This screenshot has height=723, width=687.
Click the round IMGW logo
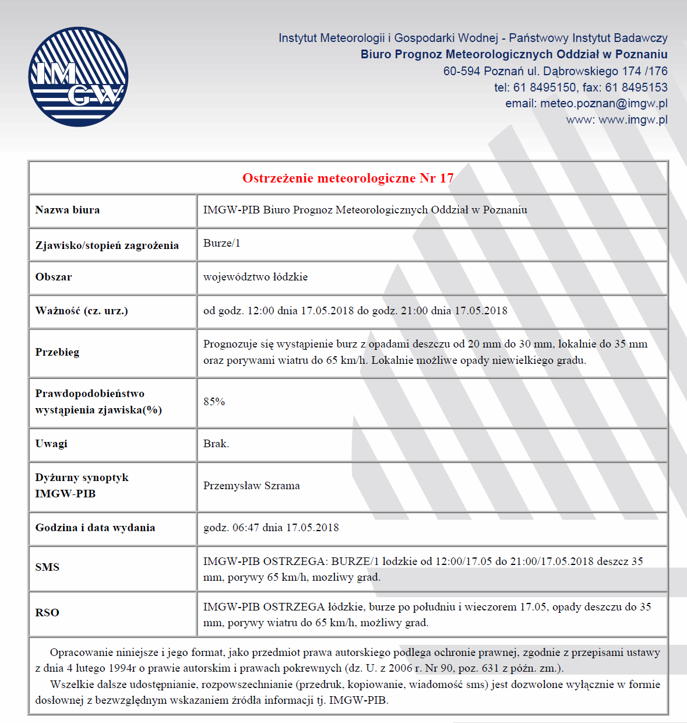point(78,76)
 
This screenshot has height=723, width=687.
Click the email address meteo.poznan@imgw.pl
point(604,103)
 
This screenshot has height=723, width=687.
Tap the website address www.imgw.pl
point(633,120)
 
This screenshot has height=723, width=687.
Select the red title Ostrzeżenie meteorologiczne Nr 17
point(348,178)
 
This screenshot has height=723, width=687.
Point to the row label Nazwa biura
point(68,210)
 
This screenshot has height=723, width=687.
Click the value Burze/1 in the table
point(221,243)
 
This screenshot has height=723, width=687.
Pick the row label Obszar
point(54,277)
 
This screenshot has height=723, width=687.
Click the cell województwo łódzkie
point(255,277)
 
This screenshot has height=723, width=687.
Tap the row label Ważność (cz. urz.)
point(82,311)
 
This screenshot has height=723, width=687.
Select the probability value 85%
point(214,402)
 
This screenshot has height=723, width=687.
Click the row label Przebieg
point(57,352)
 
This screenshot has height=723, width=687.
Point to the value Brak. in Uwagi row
point(216,444)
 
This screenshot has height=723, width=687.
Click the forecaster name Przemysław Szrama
point(251,486)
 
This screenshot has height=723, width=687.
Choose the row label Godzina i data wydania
point(95,528)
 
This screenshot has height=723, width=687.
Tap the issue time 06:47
point(246,528)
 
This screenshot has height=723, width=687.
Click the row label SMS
point(47,567)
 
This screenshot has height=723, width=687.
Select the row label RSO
point(47,613)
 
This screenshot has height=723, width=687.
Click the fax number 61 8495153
point(636,87)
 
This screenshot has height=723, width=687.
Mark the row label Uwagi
point(51,444)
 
